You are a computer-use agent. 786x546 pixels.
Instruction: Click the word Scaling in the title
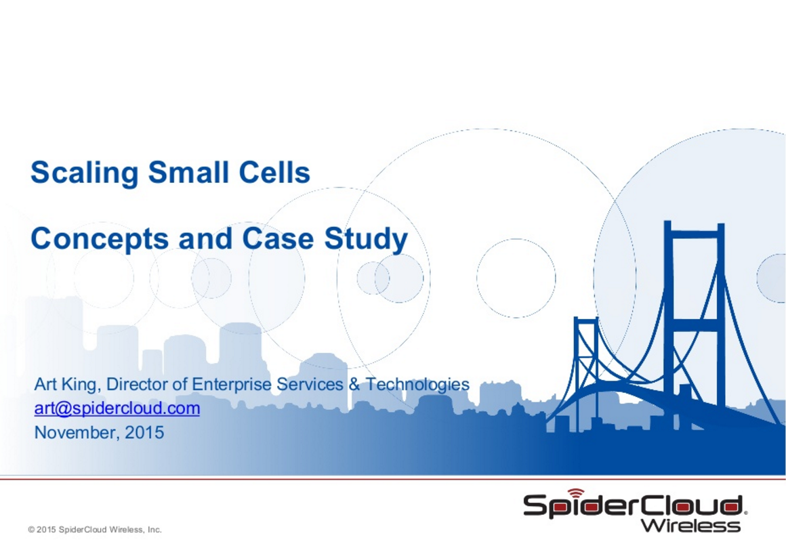pyautogui.click(x=84, y=173)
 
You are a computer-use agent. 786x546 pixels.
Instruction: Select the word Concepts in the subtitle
pyautogui.click(x=100, y=239)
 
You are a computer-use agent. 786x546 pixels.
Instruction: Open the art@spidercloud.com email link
pyautogui.click(x=117, y=408)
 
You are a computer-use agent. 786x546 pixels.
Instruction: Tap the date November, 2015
pyautogui.click(x=99, y=432)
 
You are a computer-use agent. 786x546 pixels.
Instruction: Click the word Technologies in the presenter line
pyautogui.click(x=417, y=385)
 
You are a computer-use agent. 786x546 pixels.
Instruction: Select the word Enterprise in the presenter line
pyautogui.click(x=232, y=384)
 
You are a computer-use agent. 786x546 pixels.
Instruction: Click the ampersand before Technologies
pyautogui.click(x=354, y=384)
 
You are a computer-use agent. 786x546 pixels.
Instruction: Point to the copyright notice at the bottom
pyautogui.click(x=96, y=530)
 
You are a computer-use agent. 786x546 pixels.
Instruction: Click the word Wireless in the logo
pyautogui.click(x=690, y=526)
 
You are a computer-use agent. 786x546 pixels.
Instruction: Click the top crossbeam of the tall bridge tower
pyautogui.click(x=695, y=232)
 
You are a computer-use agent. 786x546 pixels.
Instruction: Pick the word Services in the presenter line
pyautogui.click(x=310, y=384)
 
